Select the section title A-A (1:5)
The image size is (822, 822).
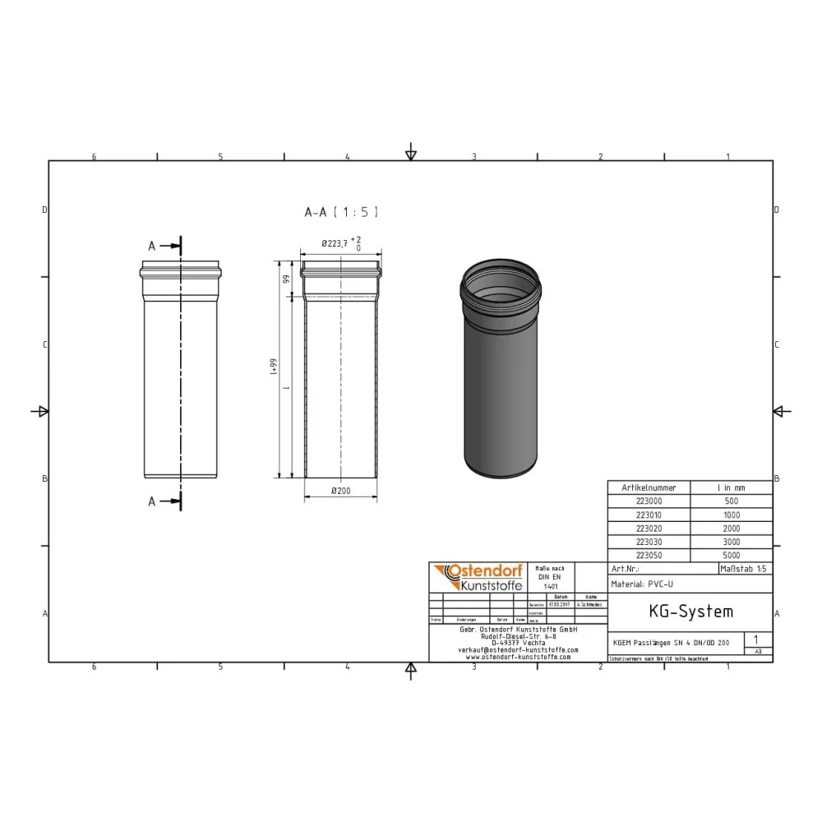[x=341, y=212]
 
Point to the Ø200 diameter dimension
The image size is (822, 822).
[x=340, y=491]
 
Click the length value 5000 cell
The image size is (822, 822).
[x=731, y=555]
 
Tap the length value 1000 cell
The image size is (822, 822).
[x=731, y=515]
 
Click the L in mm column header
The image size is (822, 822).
[x=731, y=487]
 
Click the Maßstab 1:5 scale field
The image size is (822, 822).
[x=744, y=568]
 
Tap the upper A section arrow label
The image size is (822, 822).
[x=151, y=246]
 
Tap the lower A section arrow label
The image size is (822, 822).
[x=151, y=501]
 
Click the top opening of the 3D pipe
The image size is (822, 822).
[x=501, y=282]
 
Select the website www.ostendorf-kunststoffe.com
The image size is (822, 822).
[x=518, y=657]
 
